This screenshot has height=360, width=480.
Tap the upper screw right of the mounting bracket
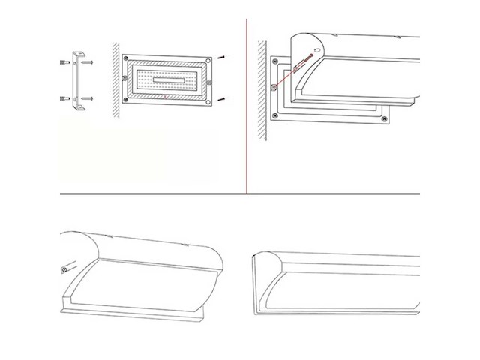[x=88, y=63]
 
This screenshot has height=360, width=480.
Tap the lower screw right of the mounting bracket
[x=88, y=98]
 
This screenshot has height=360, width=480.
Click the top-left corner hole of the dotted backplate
[x=127, y=58]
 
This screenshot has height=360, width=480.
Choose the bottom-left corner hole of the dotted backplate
[x=127, y=101]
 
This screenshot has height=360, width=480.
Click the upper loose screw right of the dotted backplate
[x=222, y=58]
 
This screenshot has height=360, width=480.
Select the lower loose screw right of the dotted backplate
[x=222, y=99]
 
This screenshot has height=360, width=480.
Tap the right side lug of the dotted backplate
[x=211, y=79]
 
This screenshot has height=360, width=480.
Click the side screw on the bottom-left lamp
[x=65, y=268]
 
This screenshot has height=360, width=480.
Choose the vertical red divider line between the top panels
[x=247, y=105]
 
